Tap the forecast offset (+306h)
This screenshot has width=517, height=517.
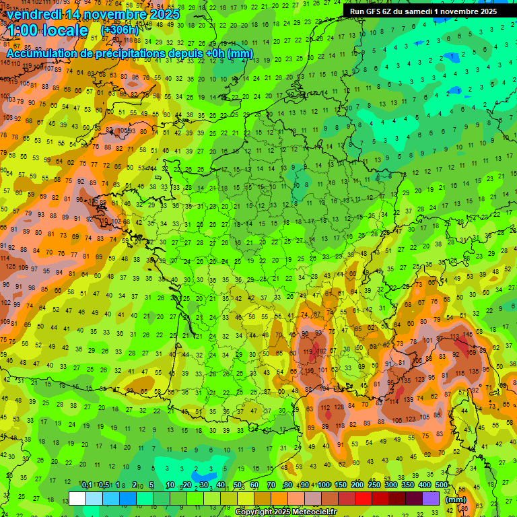pyautogui.click(x=120, y=30)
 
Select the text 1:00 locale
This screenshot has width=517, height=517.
pyautogui.click(x=48, y=30)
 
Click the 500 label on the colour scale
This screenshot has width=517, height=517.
pyautogui.click(x=442, y=485)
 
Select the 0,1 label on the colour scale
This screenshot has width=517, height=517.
pyautogui.click(x=87, y=485)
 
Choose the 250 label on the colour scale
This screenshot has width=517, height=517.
pyautogui.click(x=374, y=485)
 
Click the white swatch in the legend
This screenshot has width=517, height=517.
pyautogui.click(x=77, y=498)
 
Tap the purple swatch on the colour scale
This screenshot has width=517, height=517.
pyautogui.click(x=431, y=498)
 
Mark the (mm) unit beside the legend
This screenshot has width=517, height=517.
pyautogui.click(x=456, y=499)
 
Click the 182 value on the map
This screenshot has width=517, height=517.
pyautogui.click(x=322, y=351)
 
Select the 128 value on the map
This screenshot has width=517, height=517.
pyautogui.click(x=339, y=406)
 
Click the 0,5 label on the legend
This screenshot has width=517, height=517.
pyautogui.click(x=104, y=485)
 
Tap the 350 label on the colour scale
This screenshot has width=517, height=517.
pyautogui.click(x=408, y=485)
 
